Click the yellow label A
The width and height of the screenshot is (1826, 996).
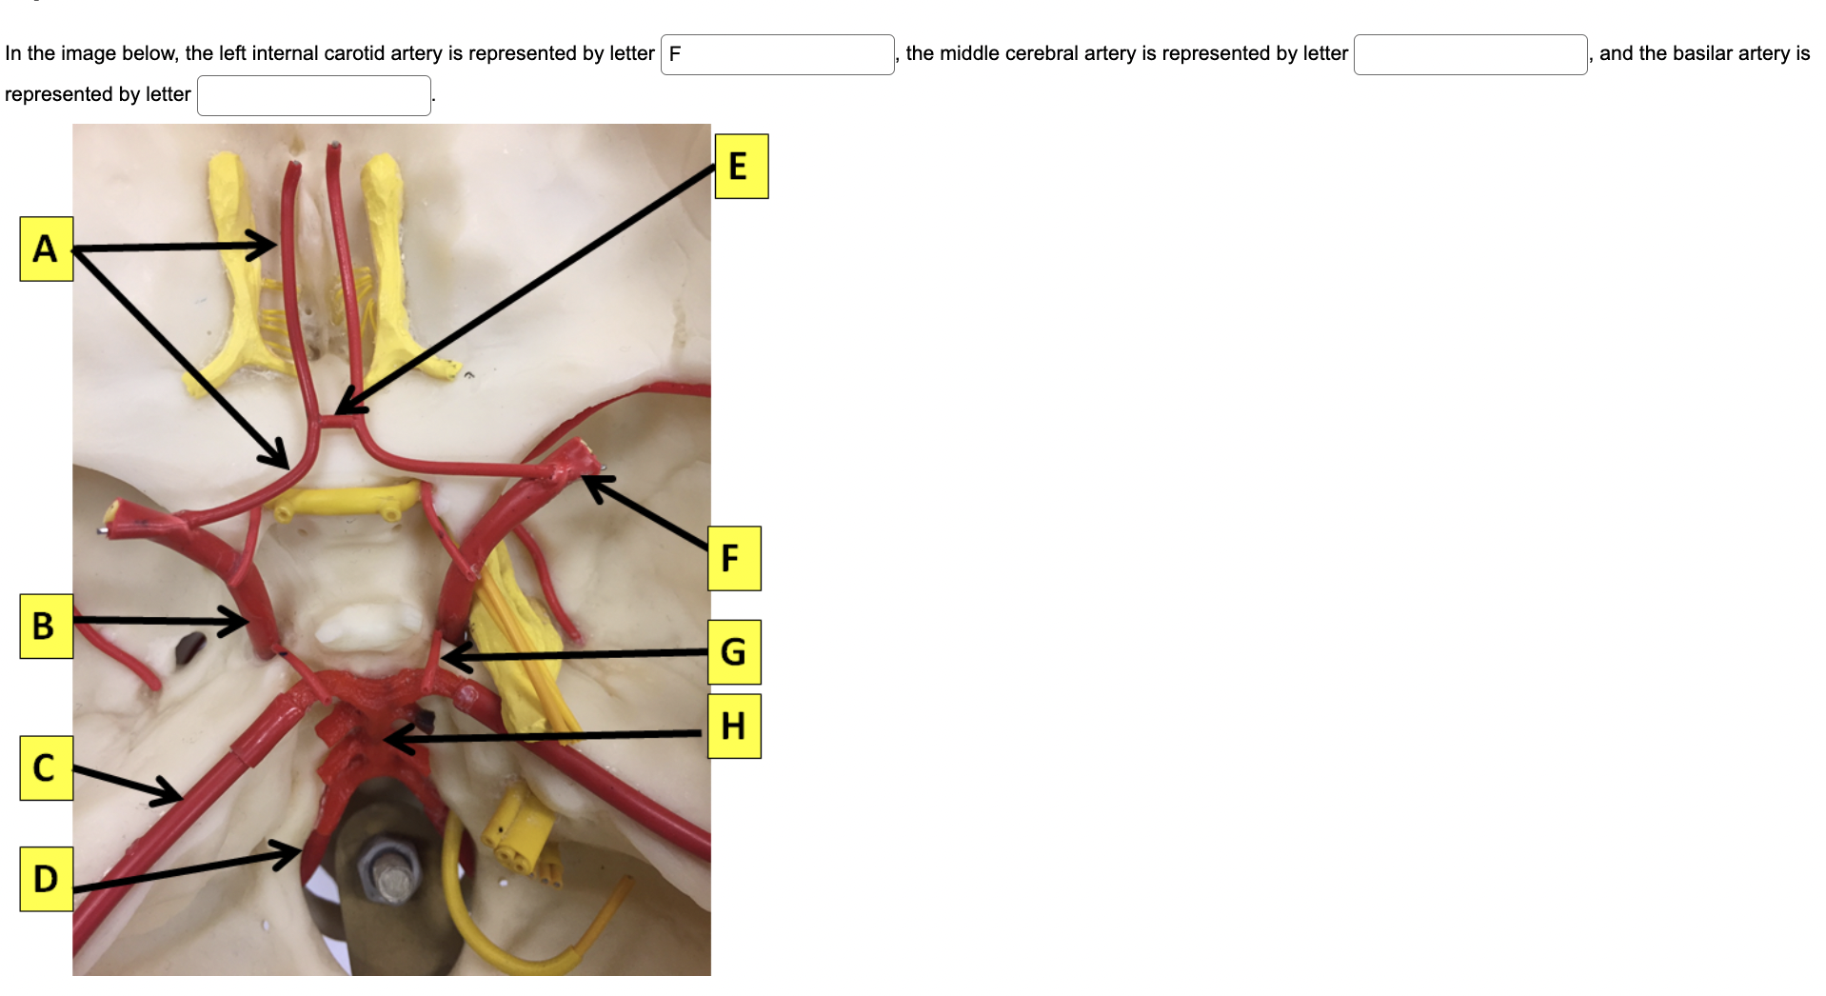click(46, 249)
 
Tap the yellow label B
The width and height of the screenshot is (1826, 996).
click(46, 626)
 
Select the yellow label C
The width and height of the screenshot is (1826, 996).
click(46, 767)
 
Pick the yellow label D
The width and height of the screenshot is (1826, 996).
click(46, 879)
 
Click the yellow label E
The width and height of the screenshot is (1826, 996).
click(741, 167)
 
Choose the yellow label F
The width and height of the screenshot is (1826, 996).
click(733, 558)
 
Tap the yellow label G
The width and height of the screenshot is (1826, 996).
click(733, 652)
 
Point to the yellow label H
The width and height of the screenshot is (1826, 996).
click(733, 727)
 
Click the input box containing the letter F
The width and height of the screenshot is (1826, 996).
click(777, 54)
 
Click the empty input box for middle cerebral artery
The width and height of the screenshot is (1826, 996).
click(1469, 54)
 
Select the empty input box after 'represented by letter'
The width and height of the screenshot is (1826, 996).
click(313, 95)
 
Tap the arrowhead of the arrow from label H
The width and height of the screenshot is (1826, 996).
click(390, 739)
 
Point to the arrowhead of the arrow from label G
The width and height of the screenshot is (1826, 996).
click(448, 657)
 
